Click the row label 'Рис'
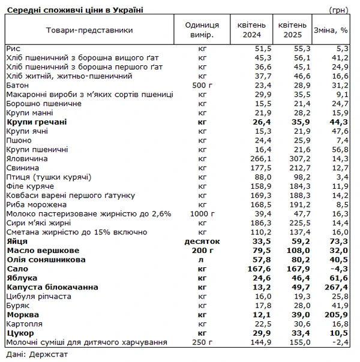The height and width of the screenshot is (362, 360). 13,48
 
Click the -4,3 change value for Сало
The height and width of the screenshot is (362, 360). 340,269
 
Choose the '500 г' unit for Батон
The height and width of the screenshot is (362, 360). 201,85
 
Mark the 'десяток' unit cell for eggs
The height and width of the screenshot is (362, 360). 201,242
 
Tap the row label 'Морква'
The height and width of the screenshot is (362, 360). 23,315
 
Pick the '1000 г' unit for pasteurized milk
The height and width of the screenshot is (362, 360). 201,214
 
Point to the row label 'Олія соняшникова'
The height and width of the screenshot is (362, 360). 46,260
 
